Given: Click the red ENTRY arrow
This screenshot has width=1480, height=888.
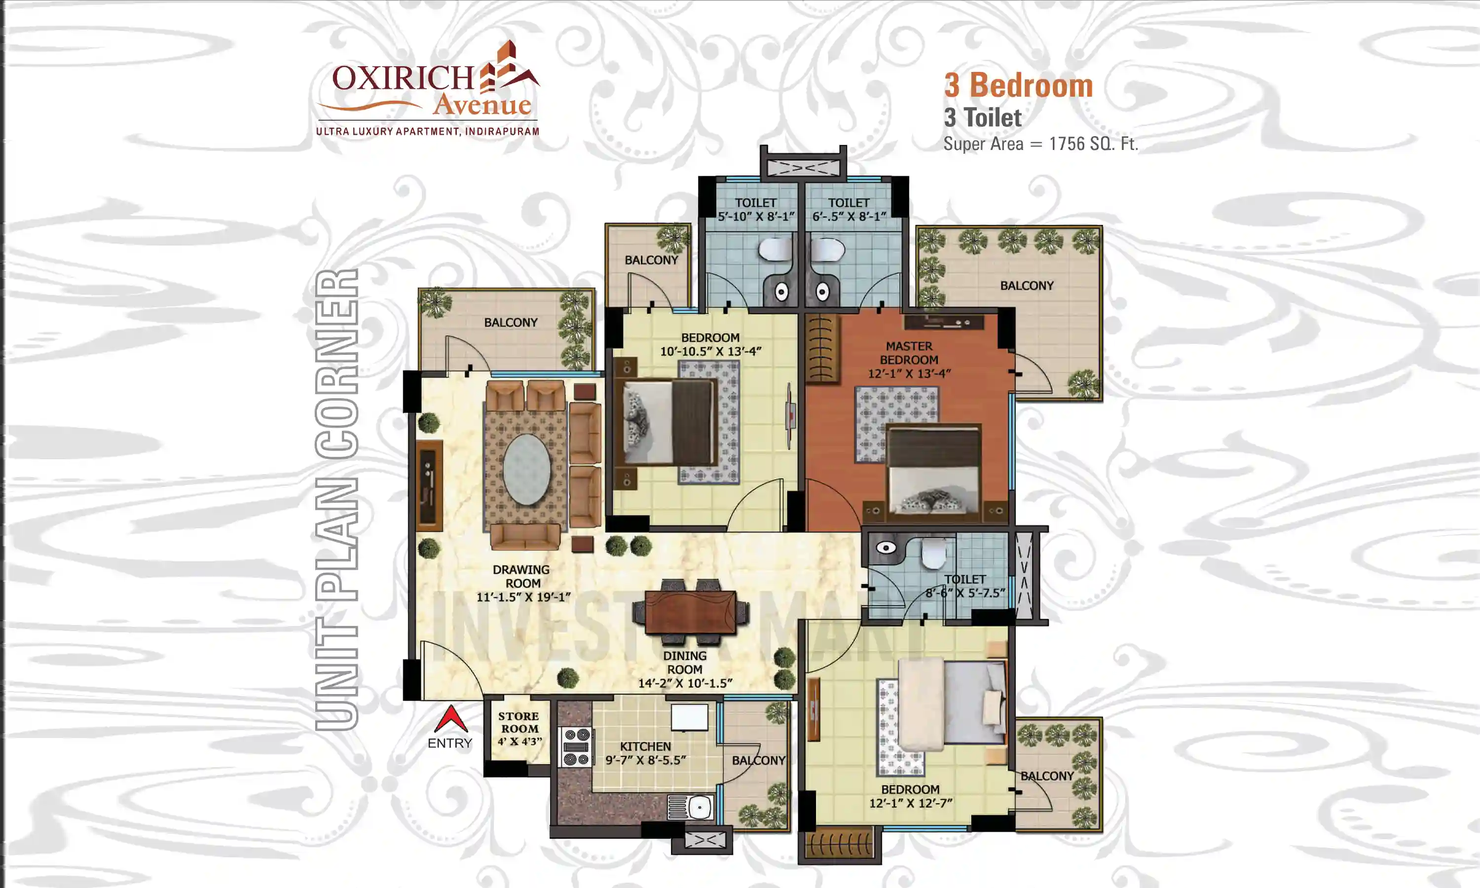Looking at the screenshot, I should point(450,719).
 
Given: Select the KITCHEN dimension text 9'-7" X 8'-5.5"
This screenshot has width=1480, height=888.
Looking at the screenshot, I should point(645,760).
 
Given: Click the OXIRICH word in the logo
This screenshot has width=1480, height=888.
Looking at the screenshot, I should point(403,78).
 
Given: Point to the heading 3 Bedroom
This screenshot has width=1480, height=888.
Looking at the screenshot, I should point(1018,85).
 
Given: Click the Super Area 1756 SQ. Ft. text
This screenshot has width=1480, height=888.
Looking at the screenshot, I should point(1040,144).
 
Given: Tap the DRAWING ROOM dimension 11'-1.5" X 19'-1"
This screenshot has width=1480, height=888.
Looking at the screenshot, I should point(523,596).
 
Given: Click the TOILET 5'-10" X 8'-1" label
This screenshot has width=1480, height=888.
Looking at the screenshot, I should point(756,210).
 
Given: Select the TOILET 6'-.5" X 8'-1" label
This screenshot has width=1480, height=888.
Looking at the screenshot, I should point(849,210).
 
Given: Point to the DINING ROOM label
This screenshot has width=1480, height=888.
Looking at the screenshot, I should point(684,663).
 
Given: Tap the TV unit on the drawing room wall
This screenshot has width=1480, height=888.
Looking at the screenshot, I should point(429,486).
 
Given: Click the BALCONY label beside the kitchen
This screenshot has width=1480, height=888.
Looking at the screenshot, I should point(758,761).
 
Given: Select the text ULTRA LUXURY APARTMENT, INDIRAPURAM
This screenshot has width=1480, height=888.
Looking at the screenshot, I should point(427,131).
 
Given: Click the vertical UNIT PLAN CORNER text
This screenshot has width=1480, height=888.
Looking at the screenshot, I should point(337,500).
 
